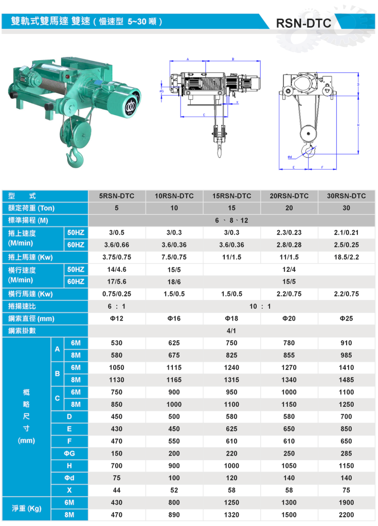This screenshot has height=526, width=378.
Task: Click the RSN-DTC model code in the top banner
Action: (303, 23)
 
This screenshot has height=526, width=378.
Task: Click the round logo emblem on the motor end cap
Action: (130, 107)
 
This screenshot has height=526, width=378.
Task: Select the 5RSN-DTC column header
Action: (117, 196)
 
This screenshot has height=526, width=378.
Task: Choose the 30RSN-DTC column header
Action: (347, 196)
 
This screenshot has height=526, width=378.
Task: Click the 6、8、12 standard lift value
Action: (231, 220)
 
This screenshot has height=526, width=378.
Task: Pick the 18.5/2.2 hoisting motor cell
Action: (347, 257)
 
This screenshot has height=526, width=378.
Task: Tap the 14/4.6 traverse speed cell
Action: (117, 269)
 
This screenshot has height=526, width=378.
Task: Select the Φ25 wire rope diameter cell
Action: (347, 318)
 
